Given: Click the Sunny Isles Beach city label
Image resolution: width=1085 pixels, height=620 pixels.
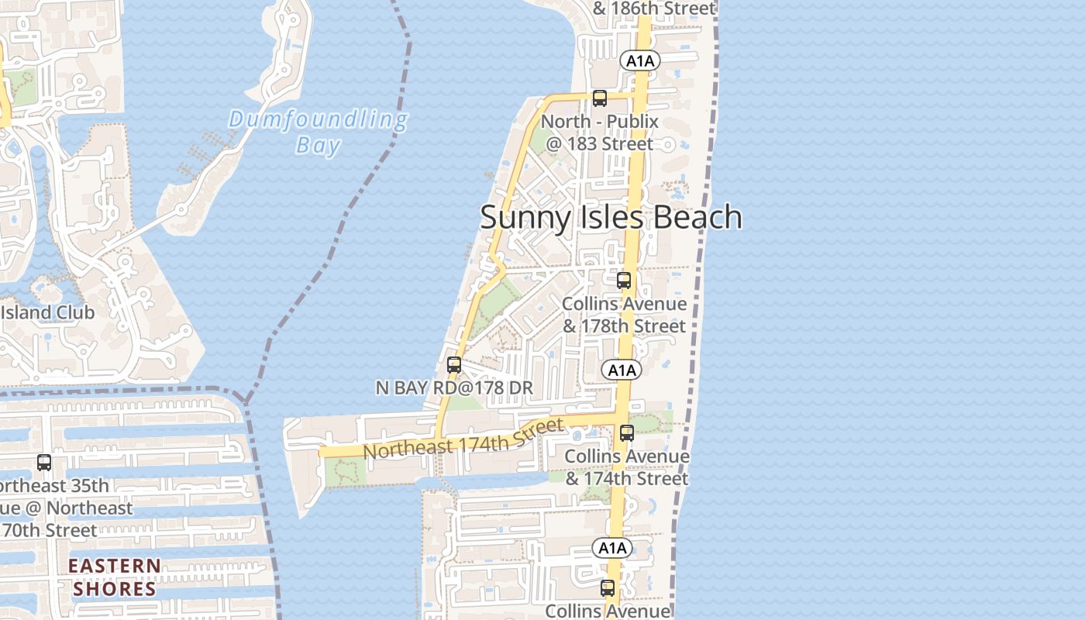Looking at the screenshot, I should tap(611, 217).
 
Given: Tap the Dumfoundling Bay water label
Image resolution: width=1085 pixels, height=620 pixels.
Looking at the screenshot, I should tap(318, 132).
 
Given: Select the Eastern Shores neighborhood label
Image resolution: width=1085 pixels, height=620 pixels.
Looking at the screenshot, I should tap(115, 577).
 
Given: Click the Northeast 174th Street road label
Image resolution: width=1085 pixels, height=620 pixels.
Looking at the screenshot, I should tap(463, 439).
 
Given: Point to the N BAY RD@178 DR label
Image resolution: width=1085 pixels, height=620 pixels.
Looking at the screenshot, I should tap(454, 387).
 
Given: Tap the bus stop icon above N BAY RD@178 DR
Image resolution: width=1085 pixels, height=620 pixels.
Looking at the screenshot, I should tap(454, 364).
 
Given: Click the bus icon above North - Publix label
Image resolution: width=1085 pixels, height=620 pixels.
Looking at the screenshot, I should tap(599, 98).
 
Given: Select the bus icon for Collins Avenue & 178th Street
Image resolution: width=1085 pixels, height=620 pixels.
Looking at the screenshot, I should tap(624, 281).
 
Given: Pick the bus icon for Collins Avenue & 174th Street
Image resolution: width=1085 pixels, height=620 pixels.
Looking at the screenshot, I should tap(627, 433).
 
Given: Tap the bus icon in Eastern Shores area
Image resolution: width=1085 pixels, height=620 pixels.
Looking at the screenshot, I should tap(44, 463).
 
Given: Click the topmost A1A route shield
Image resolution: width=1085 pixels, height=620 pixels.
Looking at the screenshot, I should tap(639, 61).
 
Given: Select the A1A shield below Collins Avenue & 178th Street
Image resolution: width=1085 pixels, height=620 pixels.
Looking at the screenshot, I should tap(622, 370).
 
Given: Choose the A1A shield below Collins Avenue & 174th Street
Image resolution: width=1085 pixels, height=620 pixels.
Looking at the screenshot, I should tap(612, 548).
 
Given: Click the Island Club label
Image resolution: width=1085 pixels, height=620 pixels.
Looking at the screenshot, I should tap(47, 312).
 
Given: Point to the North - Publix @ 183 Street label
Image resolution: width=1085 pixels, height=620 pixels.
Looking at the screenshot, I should tap(599, 133).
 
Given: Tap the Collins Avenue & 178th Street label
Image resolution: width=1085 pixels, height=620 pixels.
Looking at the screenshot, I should tap(624, 315).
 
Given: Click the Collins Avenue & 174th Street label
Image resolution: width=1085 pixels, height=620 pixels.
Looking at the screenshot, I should tap(627, 467).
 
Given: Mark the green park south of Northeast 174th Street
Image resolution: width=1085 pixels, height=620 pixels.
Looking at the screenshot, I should tap(345, 472).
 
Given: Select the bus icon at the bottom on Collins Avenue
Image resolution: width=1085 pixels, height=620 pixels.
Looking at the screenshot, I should tap(608, 588).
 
